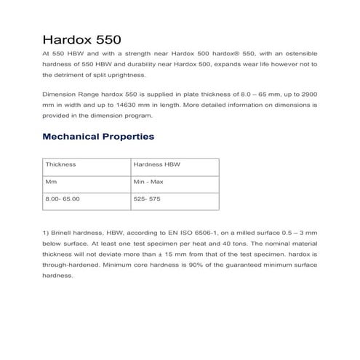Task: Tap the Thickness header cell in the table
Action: [60, 165]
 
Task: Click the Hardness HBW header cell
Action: [156, 165]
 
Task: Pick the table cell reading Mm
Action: [51, 181]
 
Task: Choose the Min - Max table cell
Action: [149, 181]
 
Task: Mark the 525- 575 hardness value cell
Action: [148, 198]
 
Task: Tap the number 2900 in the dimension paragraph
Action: [308, 95]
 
